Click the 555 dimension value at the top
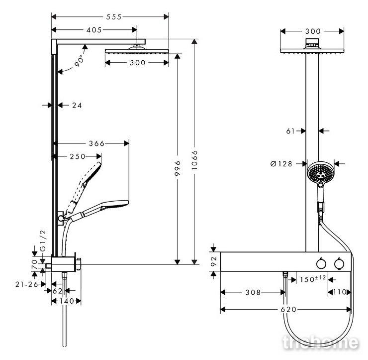(x=114, y=17)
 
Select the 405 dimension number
(x=94, y=30)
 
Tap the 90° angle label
(x=80, y=61)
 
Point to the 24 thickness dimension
(x=77, y=105)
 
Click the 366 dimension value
(x=96, y=143)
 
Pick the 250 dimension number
(x=78, y=156)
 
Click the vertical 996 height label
(x=178, y=168)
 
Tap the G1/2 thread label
(x=43, y=240)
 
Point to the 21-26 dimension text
(x=27, y=285)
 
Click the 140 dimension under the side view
(x=67, y=301)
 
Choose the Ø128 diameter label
(x=281, y=163)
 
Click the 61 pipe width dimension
(x=290, y=131)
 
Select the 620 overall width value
(x=288, y=310)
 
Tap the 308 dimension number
(x=253, y=292)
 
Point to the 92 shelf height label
(x=213, y=261)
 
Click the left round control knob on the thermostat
(x=321, y=264)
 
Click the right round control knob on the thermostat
(x=339, y=264)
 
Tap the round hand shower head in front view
(x=320, y=172)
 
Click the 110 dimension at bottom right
(x=340, y=292)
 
